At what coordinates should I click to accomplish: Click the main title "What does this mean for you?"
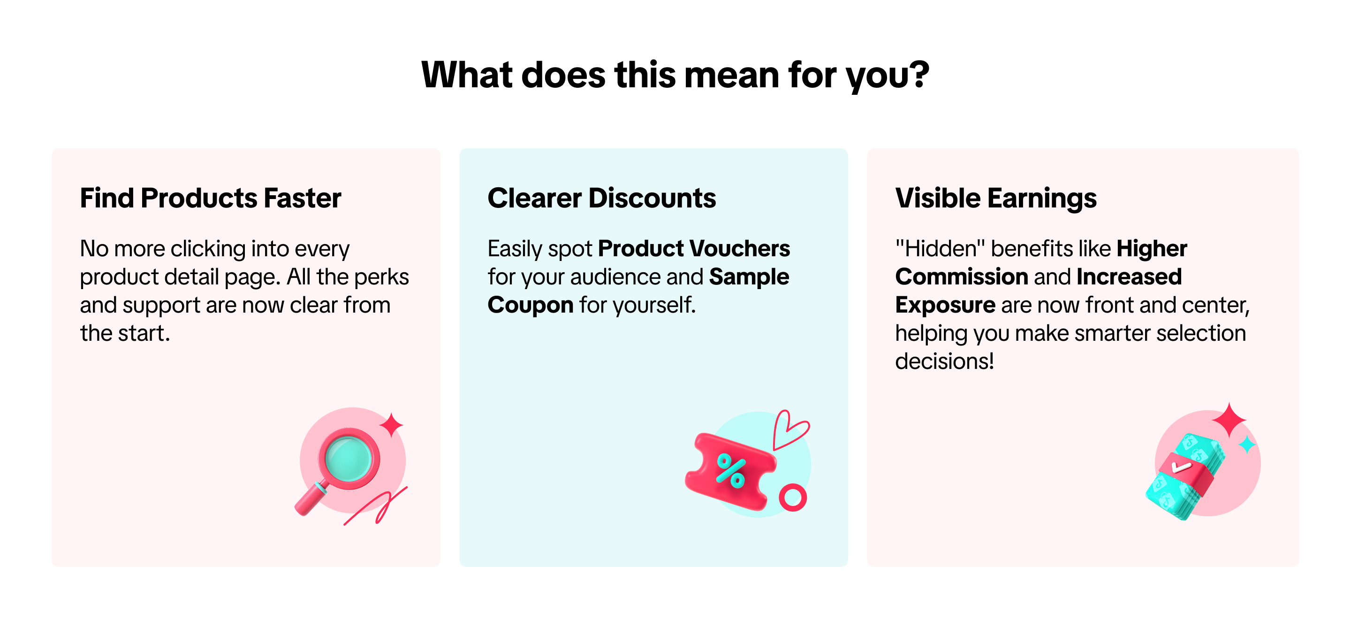(675, 75)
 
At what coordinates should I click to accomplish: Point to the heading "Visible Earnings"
(996, 199)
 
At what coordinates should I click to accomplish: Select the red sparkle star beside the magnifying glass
(391, 424)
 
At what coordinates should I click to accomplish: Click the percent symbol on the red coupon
(730, 471)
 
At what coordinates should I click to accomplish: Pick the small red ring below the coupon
(793, 497)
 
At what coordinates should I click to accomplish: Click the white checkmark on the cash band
(1181, 467)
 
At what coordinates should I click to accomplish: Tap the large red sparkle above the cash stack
(1229, 420)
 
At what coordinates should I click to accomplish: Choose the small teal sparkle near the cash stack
(1247, 445)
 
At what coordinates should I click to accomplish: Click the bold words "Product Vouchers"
(694, 248)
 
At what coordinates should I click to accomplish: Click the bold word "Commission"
(961, 276)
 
